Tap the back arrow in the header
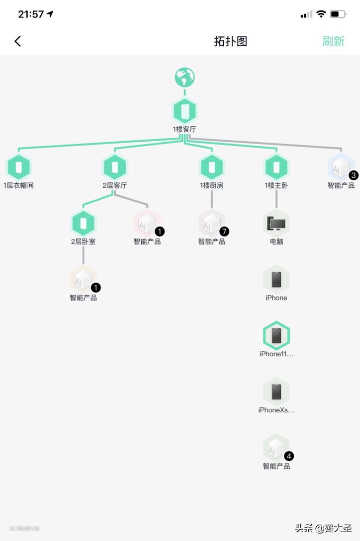click(x=18, y=41)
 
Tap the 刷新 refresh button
click(x=333, y=41)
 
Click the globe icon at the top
click(x=184, y=77)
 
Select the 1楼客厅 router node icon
click(x=184, y=111)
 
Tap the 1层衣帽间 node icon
click(x=19, y=167)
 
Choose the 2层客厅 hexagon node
click(x=115, y=167)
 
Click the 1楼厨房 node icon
click(x=212, y=167)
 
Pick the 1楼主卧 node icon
click(x=276, y=167)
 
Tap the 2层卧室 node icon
click(x=83, y=224)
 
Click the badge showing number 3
click(x=354, y=175)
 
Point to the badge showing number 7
click(x=224, y=231)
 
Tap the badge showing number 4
click(x=289, y=456)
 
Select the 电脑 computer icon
click(x=276, y=224)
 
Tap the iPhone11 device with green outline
click(x=276, y=336)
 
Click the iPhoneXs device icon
click(x=276, y=391)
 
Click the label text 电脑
click(x=276, y=241)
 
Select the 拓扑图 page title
click(x=231, y=41)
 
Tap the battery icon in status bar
click(x=338, y=14)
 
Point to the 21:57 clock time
click(x=31, y=14)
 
